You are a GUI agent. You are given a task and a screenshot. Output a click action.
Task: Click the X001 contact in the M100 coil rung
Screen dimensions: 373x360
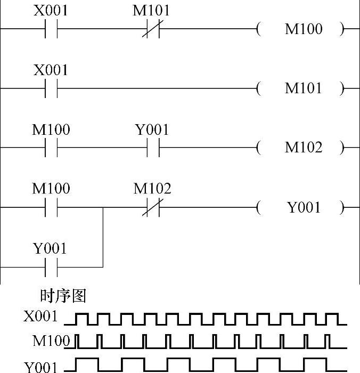(51, 29)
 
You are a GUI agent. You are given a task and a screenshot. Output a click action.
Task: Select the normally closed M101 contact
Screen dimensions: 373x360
(152, 29)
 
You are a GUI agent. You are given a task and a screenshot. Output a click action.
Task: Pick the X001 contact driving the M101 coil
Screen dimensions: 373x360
(51, 88)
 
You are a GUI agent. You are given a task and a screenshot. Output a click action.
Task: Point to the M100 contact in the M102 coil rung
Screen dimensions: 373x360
(51, 148)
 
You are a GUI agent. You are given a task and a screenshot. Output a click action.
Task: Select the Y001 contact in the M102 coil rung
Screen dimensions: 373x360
(153, 148)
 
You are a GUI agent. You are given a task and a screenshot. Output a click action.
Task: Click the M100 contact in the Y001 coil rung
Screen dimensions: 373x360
(51, 207)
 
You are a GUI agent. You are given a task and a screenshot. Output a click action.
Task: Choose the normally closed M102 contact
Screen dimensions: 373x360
(152, 207)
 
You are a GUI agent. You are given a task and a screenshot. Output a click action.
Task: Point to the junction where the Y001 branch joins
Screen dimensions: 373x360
(103, 207)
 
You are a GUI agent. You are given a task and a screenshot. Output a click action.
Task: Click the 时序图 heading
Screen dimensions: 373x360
(63, 296)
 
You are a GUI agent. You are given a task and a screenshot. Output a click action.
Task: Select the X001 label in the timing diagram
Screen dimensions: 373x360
(40, 317)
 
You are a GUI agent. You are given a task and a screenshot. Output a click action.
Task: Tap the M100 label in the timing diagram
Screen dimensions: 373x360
(51, 340)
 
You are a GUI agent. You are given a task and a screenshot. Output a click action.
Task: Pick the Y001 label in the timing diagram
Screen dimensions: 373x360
(40, 367)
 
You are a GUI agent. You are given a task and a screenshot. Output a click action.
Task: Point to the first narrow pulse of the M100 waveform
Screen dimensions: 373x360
(78, 340)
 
